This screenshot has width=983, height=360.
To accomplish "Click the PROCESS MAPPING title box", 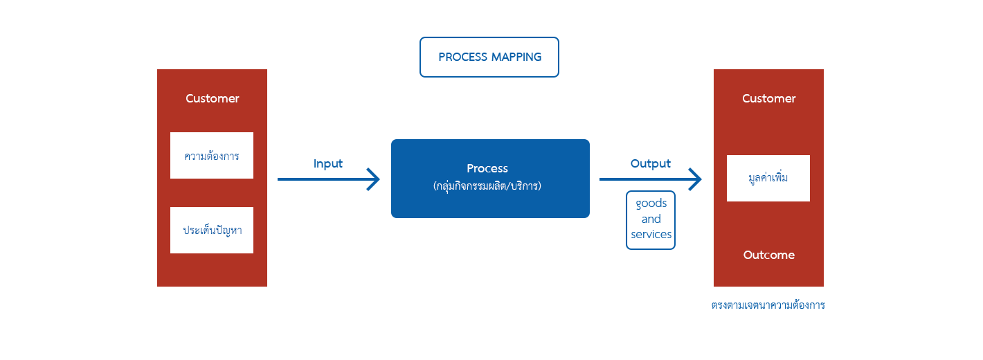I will (489, 57).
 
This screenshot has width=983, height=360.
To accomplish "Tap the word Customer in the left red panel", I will (212, 98).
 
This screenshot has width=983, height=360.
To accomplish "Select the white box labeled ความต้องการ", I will (212, 156).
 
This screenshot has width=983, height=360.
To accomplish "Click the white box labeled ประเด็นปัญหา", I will (212, 230).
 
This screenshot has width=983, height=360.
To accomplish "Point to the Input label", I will (328, 164).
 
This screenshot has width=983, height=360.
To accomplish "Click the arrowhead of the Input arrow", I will (375, 179).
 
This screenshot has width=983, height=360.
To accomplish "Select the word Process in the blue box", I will (487, 168).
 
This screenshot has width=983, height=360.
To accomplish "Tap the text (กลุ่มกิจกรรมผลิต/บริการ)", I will (487, 186).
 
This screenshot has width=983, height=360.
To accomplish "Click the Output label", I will (650, 164).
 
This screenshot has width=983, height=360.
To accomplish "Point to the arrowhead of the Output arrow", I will (696, 179).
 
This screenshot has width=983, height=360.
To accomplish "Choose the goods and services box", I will (651, 219).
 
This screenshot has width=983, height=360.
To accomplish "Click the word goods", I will (651, 204).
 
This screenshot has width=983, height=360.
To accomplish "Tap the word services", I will (651, 235).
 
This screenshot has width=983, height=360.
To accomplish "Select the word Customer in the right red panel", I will (768, 98).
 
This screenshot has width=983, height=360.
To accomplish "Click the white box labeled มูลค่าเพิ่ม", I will (768, 178).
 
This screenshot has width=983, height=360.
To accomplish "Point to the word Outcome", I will (768, 255).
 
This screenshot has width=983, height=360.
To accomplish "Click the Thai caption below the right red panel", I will (768, 305).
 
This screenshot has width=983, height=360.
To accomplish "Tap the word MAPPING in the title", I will (516, 57).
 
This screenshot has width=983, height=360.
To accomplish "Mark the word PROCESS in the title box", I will (462, 57).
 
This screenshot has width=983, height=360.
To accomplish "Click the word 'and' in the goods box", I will (651, 219).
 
